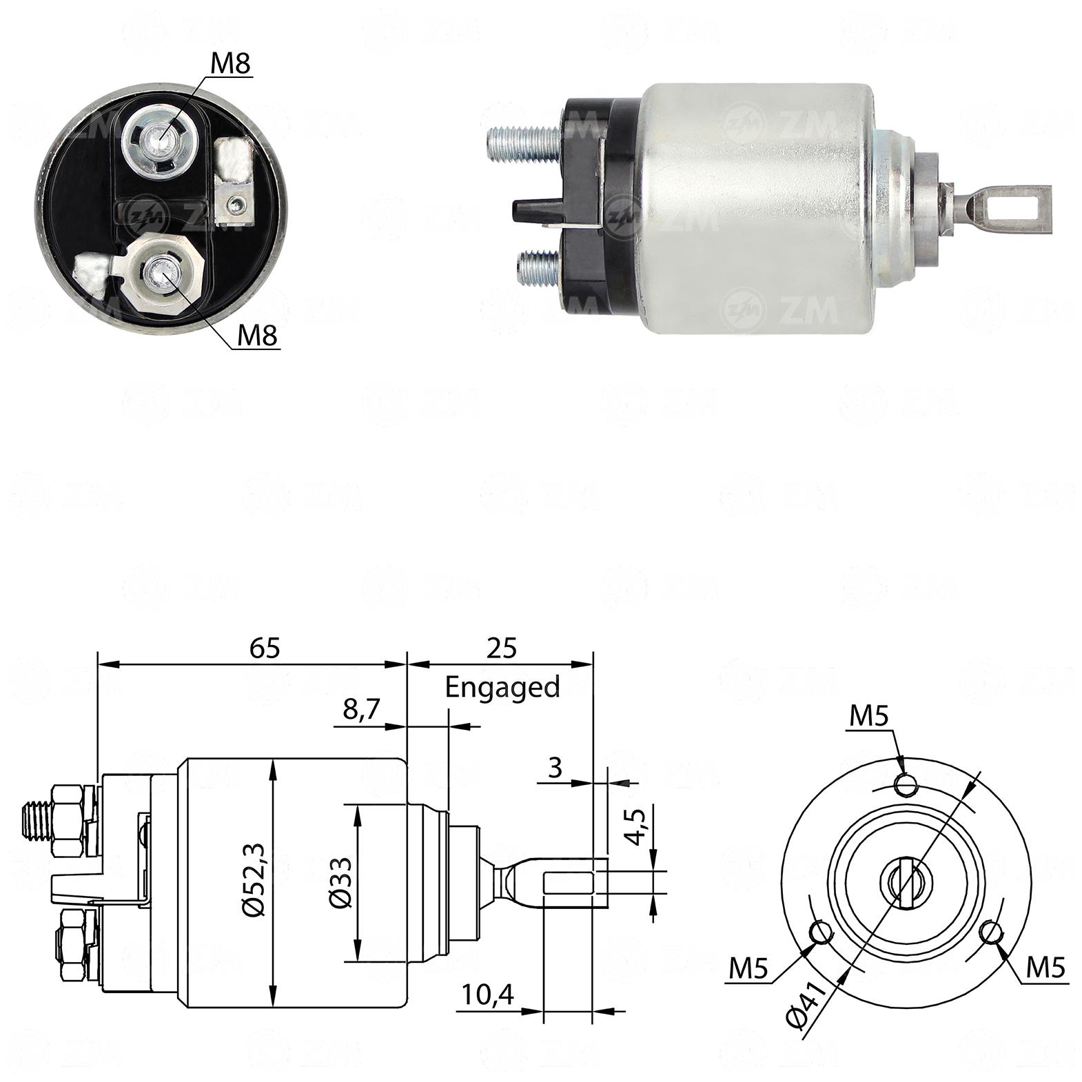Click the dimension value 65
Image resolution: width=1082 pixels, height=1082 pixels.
[265, 648]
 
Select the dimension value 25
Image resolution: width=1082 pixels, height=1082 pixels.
[502, 648]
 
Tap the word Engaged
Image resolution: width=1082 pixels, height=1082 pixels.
[502, 688]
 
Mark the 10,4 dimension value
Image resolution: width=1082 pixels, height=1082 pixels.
[488, 995]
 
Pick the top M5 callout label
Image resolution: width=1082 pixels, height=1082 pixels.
[868, 716]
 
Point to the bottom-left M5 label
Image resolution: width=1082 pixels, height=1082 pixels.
[748, 969]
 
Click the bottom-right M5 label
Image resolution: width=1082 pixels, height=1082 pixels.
[1045, 967]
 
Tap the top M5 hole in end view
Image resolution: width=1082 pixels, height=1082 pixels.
[906, 784]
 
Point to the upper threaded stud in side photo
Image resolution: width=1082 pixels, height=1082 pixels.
[527, 143]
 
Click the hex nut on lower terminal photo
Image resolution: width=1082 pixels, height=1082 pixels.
[164, 273]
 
